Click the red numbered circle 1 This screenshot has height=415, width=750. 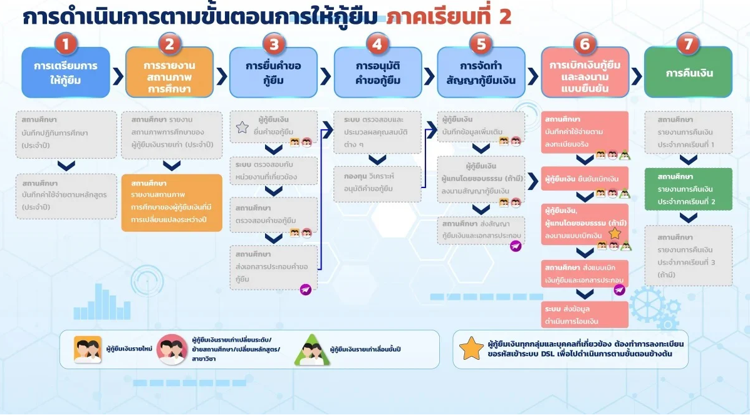pyautogui.click(x=66, y=44)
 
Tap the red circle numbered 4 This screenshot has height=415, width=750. pyautogui.click(x=377, y=44)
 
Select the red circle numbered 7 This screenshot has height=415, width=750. pyautogui.click(x=688, y=44)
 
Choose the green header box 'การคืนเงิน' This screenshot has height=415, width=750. pyautogui.click(x=688, y=73)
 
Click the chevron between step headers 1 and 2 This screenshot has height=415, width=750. pyautogui.click(x=118, y=76)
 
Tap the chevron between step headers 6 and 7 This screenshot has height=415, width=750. pyautogui.click(x=636, y=76)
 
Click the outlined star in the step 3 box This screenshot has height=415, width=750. pyautogui.click(x=242, y=128)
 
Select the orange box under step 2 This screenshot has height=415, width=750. pyautogui.click(x=172, y=202)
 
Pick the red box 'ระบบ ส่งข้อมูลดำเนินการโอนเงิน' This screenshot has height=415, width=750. pyautogui.click(x=585, y=314)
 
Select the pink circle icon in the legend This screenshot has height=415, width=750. pyautogui.click(x=172, y=349)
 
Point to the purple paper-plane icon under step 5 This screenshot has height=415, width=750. pyautogui.click(x=516, y=246)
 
